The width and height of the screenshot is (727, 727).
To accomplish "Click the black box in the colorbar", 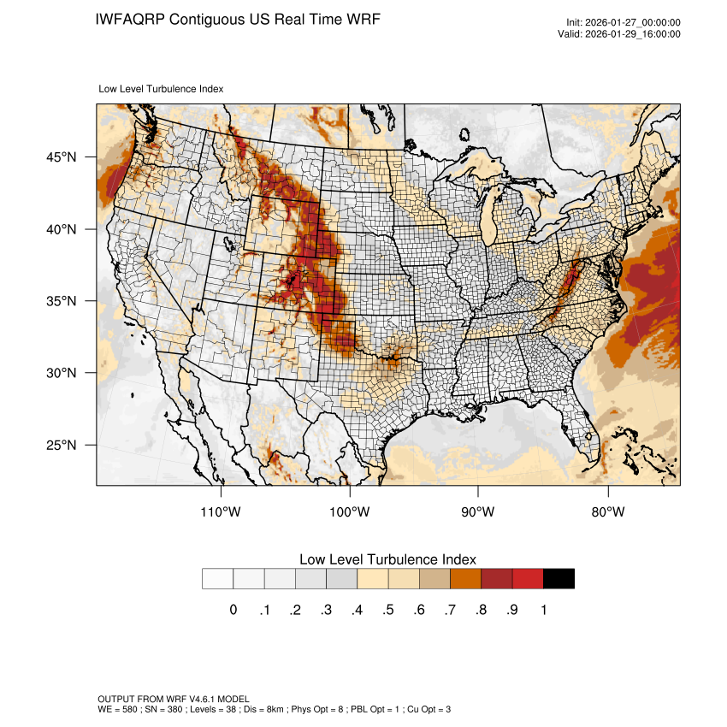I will [559, 579].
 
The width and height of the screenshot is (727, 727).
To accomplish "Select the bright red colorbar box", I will [528, 579].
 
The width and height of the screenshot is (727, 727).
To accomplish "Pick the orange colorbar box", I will [465, 579].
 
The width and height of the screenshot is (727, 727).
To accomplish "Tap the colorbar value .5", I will [388, 610].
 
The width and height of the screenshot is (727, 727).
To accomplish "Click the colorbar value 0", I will [233, 610].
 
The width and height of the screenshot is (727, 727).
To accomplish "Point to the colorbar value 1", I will [543, 610].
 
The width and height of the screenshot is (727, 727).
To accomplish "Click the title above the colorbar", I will [387, 559].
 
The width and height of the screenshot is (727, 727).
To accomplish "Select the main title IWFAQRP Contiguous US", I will [238, 19].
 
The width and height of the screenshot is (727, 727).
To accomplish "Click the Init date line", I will [624, 22].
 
